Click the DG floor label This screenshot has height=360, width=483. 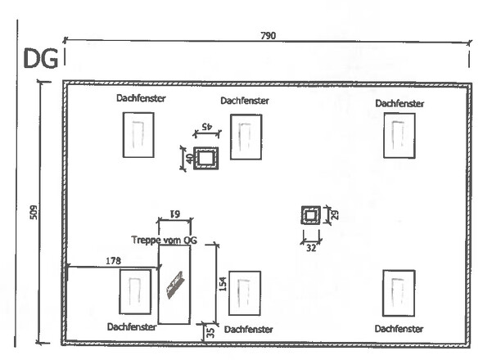(x=41, y=59)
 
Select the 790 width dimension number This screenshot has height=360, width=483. (x=269, y=36)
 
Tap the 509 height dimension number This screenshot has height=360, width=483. (x=34, y=212)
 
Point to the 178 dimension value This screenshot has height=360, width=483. (x=113, y=261)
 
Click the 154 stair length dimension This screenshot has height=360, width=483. (x=223, y=284)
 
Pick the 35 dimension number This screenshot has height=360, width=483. (x=210, y=333)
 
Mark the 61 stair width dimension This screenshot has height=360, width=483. (x=175, y=213)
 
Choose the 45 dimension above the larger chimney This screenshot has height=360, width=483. (x=207, y=126)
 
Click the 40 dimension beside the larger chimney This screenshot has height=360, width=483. (x=189, y=158)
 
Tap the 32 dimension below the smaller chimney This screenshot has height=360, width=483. (x=311, y=248)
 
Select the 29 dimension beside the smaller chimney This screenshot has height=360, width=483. (x=335, y=214)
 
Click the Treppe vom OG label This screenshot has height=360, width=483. (x=165, y=240)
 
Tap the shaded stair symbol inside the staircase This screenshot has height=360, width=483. (x=174, y=285)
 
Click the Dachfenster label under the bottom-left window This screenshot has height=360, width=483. (x=132, y=326)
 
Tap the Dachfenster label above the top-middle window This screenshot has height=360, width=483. (x=245, y=101)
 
